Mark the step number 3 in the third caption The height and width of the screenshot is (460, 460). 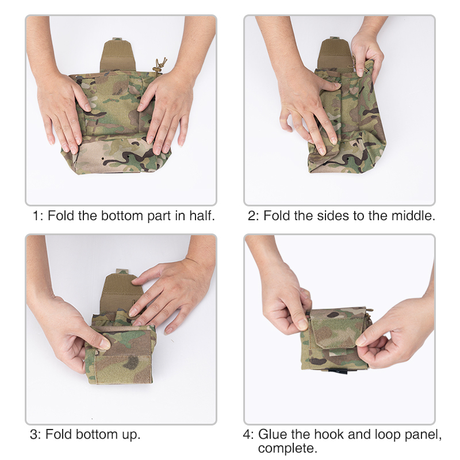[33, 435]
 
